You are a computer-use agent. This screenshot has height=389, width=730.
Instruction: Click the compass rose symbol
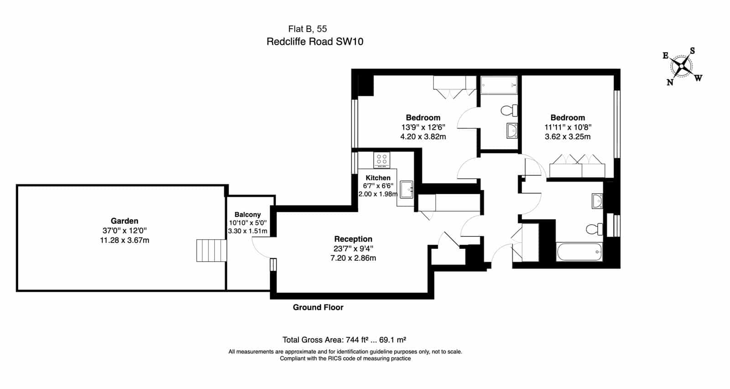pos(682,67)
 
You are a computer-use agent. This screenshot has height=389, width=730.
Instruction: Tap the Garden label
pos(125,221)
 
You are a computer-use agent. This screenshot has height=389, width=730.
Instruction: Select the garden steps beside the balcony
pos(211,250)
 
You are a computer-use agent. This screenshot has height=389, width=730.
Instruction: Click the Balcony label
pos(248,215)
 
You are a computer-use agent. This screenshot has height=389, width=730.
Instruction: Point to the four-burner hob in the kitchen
pos(382,160)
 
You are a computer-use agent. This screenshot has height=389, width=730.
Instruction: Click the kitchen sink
pos(407,189)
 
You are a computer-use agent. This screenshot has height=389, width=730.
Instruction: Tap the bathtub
pos(579,252)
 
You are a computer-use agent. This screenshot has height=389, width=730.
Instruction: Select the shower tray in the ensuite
pos(499,85)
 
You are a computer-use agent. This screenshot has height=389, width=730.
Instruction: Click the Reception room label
pos(353,239)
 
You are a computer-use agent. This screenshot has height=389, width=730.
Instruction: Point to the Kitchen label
pos(378,178)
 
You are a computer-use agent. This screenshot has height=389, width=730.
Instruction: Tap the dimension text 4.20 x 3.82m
pos(423,137)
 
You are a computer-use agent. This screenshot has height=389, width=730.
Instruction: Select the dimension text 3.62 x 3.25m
pos(568,137)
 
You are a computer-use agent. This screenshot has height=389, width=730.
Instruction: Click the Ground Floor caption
pos(318,307)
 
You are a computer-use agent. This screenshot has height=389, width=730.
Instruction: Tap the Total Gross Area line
pos(344,340)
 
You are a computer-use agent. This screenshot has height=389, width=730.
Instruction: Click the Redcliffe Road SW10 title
pos(315,42)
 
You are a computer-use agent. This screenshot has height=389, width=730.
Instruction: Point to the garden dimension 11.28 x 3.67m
pos(125,240)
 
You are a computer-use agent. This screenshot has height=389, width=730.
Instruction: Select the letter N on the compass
pos(670,82)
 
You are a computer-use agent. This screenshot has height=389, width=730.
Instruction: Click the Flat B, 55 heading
pos(308,29)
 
